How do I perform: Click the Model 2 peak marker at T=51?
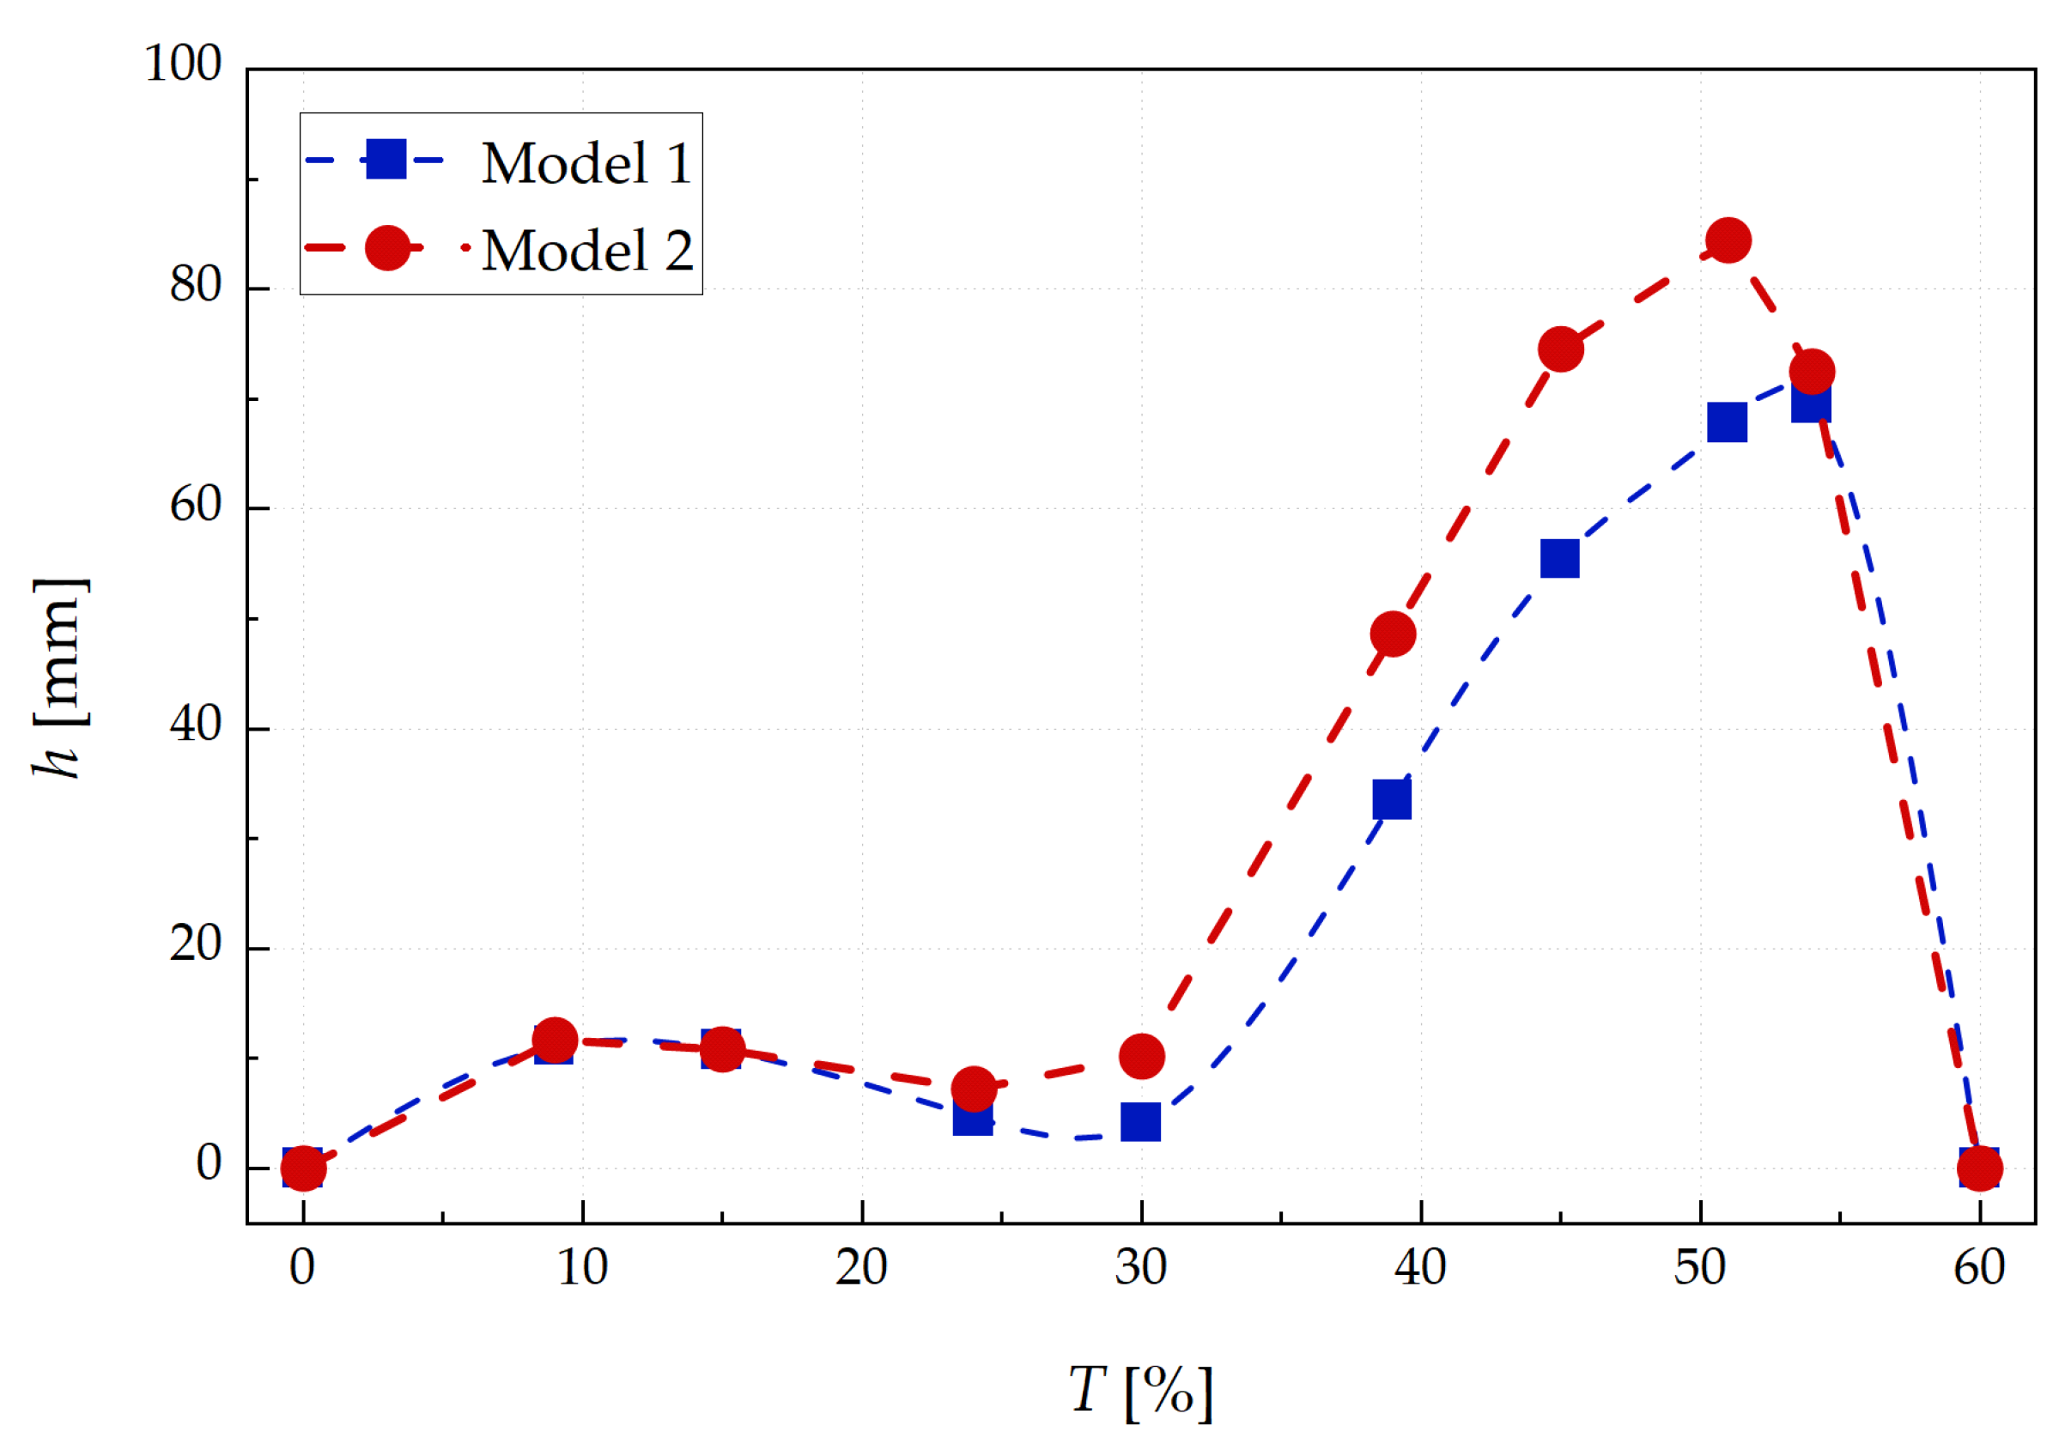point(1728,240)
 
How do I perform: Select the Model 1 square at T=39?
point(1392,799)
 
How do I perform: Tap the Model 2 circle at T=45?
point(1561,349)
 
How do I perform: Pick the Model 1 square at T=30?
point(1140,1121)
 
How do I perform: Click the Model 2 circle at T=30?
point(1141,1056)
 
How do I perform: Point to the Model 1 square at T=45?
point(1560,559)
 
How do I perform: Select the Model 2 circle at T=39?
point(1393,634)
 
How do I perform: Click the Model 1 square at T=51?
point(1727,422)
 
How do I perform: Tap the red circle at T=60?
point(1979,1168)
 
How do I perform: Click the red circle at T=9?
point(555,1040)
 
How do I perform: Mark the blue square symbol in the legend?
point(386,160)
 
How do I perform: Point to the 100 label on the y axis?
point(183,64)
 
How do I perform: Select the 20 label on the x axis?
point(861,1267)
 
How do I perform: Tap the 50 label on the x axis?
point(1700,1267)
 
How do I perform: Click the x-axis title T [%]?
point(1140,1391)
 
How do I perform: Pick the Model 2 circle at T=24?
point(974,1089)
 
